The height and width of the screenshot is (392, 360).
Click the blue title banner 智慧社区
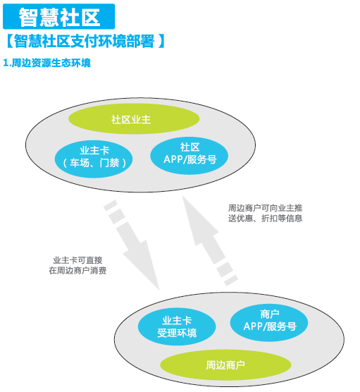click(59, 16)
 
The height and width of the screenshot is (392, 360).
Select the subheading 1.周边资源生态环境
click(46, 63)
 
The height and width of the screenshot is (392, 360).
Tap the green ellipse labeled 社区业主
click(134, 119)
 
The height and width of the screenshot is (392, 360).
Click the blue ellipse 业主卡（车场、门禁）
click(94, 159)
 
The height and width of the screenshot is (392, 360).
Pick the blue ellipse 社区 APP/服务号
click(189, 155)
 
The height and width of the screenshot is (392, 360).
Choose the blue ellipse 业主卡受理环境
click(177, 326)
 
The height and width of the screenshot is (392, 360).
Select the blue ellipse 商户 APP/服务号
click(269, 322)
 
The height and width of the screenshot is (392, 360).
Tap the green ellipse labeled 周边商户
click(225, 365)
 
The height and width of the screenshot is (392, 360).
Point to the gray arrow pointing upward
click(209, 240)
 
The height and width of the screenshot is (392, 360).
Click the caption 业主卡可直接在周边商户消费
click(77, 265)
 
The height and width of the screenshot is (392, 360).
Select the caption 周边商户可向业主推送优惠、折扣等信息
click(266, 213)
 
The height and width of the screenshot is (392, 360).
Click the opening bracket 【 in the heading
click(9, 42)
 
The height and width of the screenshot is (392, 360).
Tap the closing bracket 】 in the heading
click(161, 42)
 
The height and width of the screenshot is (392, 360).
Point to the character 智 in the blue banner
click(28, 17)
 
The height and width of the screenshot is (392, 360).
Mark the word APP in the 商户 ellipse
click(253, 326)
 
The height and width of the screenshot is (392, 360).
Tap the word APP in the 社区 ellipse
click(173, 159)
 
